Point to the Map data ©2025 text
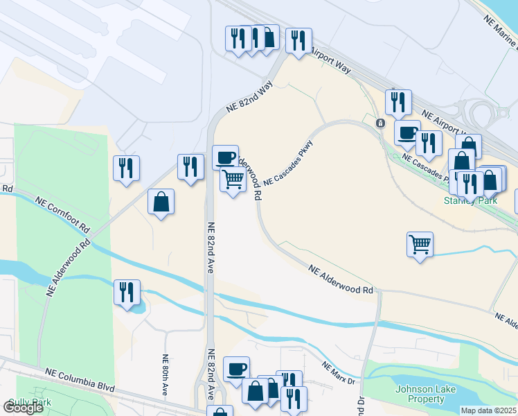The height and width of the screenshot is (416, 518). pyautogui.click(x=489, y=410)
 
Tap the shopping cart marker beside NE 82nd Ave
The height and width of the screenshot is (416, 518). pyautogui.click(x=233, y=180)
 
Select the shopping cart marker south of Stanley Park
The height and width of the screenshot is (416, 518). pyautogui.click(x=420, y=244)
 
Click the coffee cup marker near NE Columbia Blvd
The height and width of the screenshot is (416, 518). pyautogui.click(x=236, y=368)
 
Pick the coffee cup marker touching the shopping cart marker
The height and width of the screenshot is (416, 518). pyautogui.click(x=225, y=157)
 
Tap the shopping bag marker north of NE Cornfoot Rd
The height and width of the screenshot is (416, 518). pyautogui.click(x=161, y=202)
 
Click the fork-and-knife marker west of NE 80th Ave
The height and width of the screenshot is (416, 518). pyautogui.click(x=127, y=292)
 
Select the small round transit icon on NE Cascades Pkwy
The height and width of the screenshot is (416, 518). pyautogui.click(x=380, y=123)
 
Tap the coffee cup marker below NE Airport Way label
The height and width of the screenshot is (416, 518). pyautogui.click(x=407, y=132)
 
